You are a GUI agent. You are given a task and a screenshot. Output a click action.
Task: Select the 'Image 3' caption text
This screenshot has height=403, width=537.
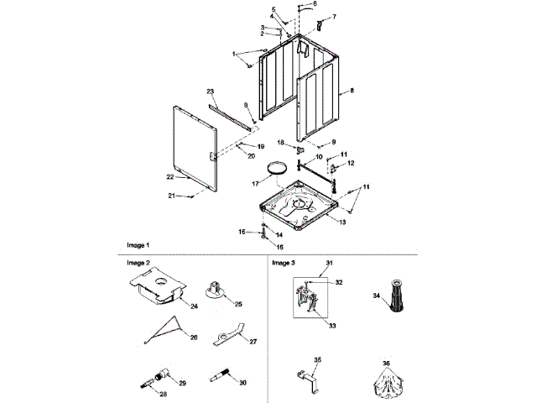pyautogui.click(x=284, y=263)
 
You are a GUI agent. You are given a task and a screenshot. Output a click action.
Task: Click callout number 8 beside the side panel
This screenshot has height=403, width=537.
pyautogui.click(x=352, y=90)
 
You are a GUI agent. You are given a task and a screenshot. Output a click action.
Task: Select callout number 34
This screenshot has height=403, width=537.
pyautogui.click(x=377, y=296)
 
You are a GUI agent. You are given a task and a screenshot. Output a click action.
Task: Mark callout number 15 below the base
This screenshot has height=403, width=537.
pyautogui.click(x=268, y=248)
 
